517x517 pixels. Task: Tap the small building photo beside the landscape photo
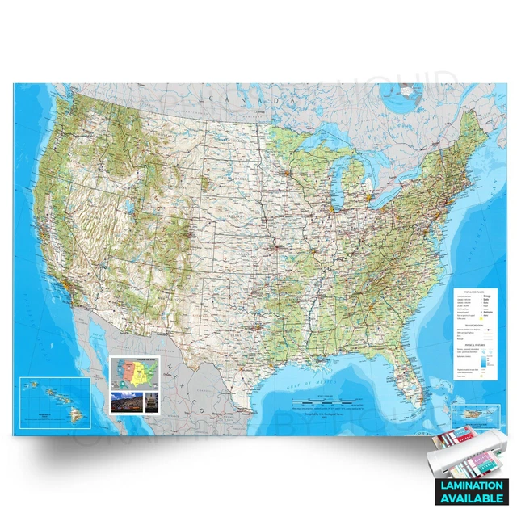[x=149, y=402]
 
